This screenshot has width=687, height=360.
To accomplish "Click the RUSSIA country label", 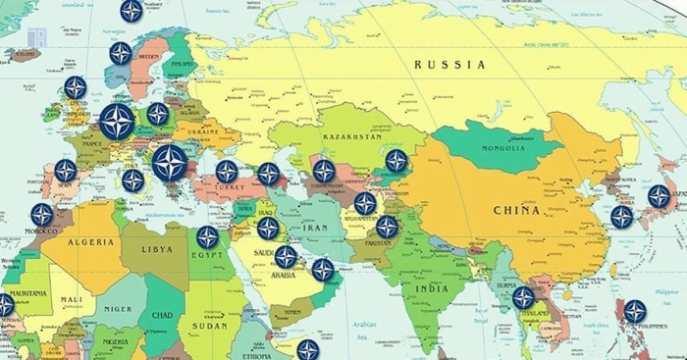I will click(x=449, y=65).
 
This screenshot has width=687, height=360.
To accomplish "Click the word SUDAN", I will click(x=209, y=325).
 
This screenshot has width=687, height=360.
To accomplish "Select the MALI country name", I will click(x=70, y=300).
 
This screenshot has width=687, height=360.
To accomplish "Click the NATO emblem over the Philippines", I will click(x=635, y=312).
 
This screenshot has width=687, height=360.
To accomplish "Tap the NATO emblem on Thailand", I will click(x=523, y=297).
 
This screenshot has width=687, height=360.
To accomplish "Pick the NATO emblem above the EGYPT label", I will click(x=207, y=236).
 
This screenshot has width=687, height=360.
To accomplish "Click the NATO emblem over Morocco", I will click(x=41, y=214).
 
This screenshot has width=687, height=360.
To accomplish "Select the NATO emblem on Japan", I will click(x=659, y=196).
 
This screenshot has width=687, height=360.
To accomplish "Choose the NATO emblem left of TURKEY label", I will click(x=227, y=172).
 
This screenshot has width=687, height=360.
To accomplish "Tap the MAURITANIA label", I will click(x=28, y=294).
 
